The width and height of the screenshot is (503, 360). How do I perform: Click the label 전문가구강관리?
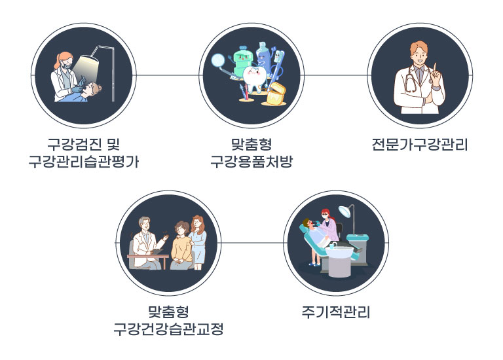tap(420, 145)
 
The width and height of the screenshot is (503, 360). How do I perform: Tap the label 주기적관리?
tap(336, 312)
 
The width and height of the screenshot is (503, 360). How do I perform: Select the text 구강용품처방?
tap(251, 162)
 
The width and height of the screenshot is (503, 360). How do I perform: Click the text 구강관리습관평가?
tap(84, 162)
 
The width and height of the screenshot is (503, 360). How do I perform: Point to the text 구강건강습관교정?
tap(168, 329)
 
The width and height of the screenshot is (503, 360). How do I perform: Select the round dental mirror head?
tap(218, 60)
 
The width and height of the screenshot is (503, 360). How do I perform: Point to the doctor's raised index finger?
tap(435, 69)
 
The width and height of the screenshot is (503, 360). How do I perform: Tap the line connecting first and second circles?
tap(168, 76)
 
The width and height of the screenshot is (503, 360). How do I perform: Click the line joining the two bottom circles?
tap(252, 243)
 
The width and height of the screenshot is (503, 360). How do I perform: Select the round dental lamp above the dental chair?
tap(345, 211)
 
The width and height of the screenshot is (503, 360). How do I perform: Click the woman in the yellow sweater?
tap(181, 245)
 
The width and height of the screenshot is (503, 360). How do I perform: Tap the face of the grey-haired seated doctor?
tap(145, 225)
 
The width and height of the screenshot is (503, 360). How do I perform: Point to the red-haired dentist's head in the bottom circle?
tap(326, 214)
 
